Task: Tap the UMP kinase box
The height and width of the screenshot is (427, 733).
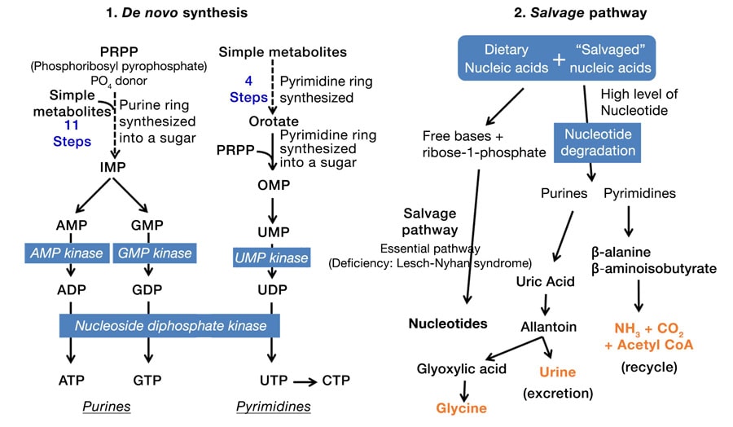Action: pos(271,258)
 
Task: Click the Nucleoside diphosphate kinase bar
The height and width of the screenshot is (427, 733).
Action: pos(169,326)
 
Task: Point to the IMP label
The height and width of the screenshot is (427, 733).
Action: pos(112,165)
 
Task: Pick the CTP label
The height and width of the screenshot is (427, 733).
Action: pos(336,380)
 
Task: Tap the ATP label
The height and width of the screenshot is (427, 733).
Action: pos(72,380)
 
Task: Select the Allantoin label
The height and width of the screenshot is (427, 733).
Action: pos(549,327)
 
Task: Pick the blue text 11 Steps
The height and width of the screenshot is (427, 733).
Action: pos(70,132)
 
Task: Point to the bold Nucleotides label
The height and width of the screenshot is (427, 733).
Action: pos(448,324)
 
